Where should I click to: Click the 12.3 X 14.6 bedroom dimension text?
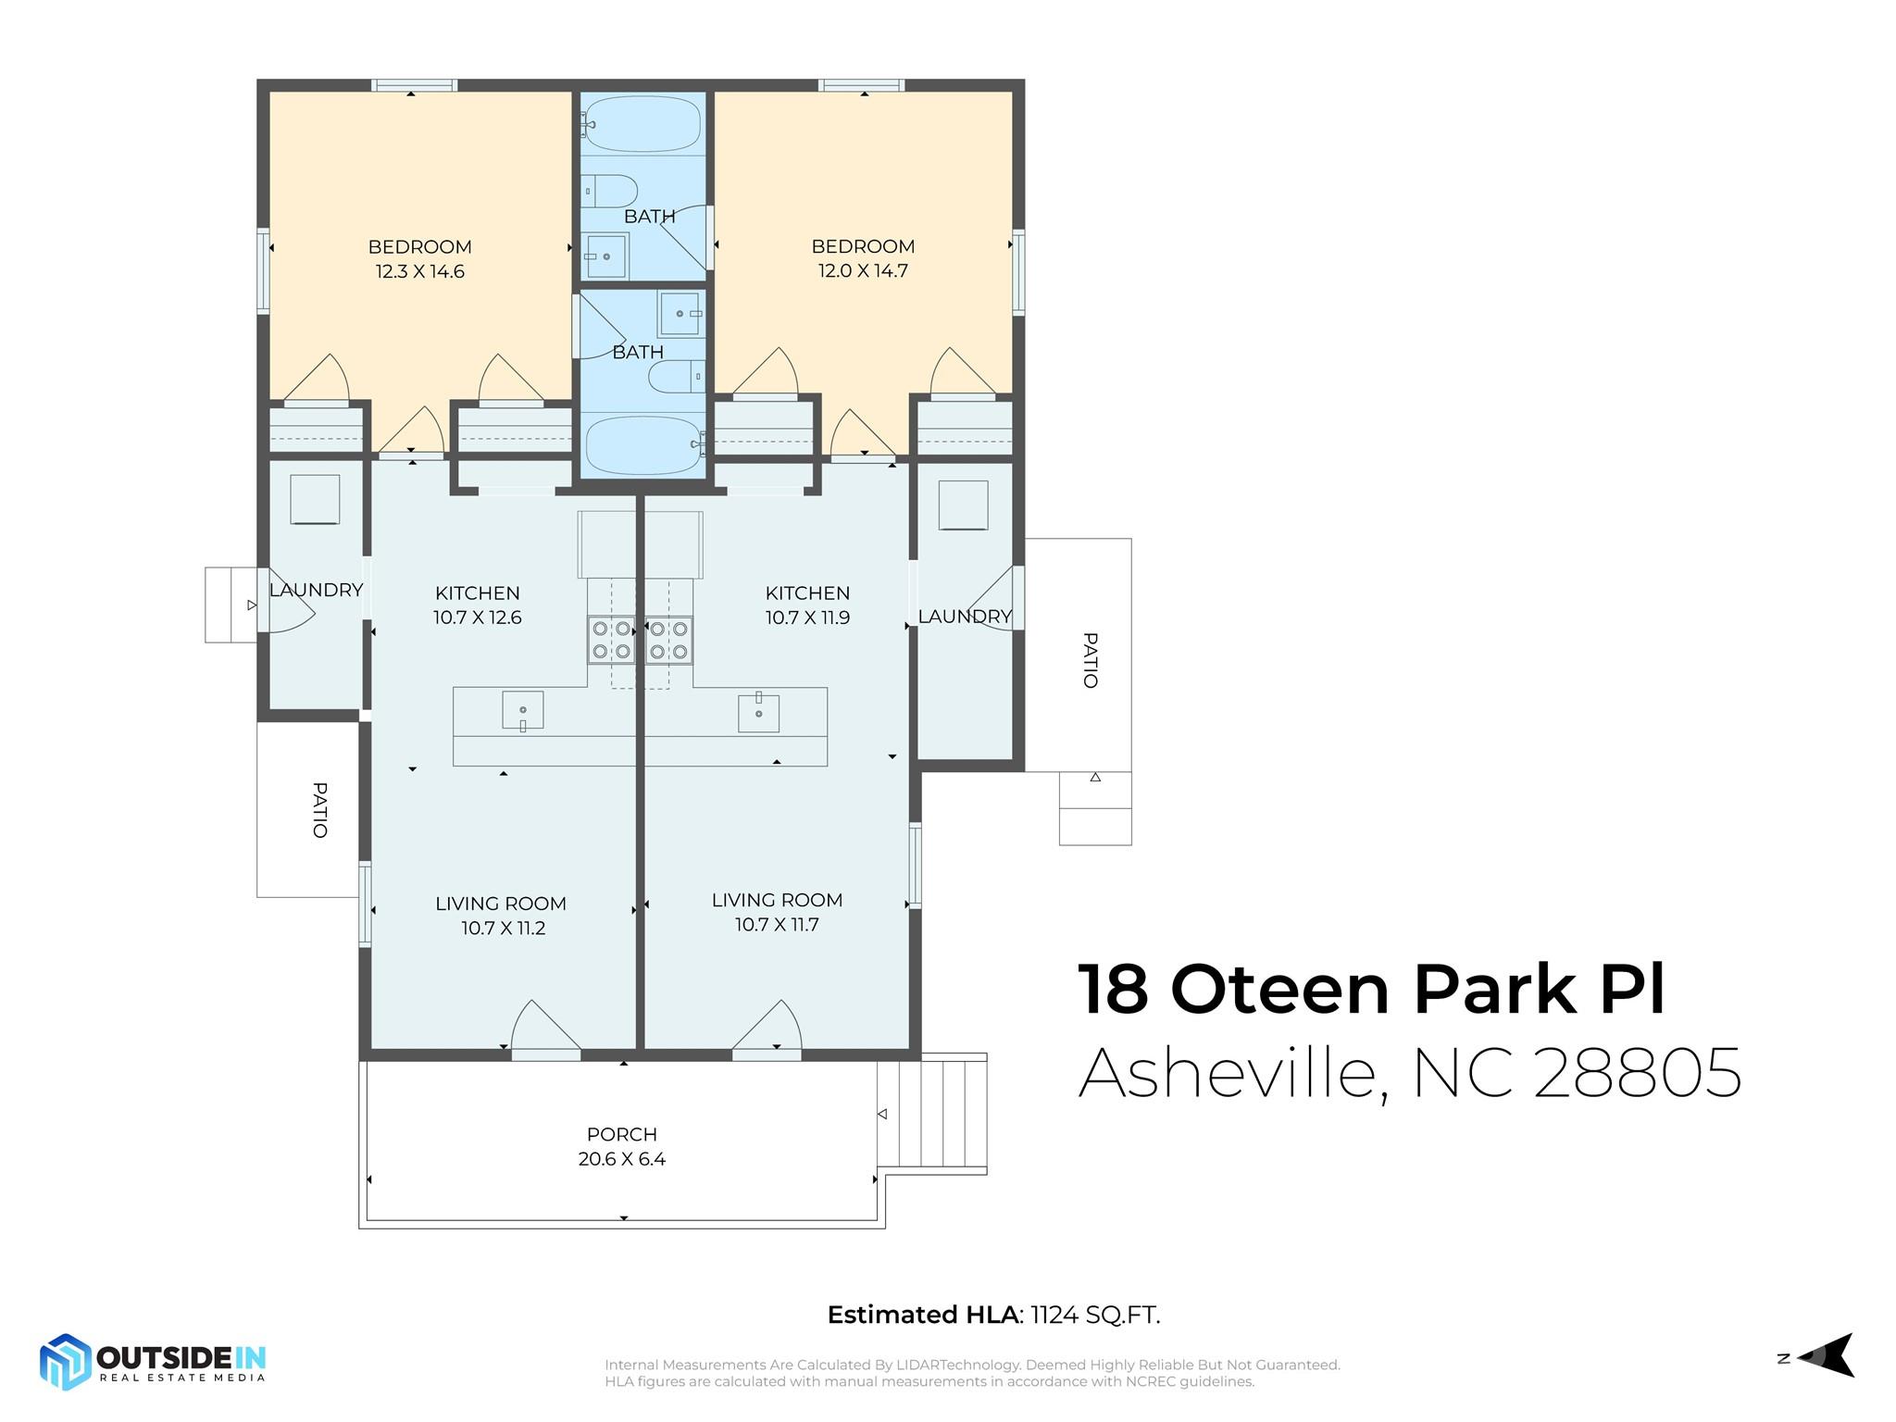pos(419,271)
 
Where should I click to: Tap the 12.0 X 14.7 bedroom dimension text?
pos(863,271)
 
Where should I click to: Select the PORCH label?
pos(622,1134)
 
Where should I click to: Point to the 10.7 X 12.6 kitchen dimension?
pos(478,617)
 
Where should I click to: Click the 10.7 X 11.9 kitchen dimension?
pos(807,617)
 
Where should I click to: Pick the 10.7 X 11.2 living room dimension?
pos(504,929)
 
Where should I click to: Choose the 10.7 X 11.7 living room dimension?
pos(777,925)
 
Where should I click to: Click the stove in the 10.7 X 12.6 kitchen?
pos(611,640)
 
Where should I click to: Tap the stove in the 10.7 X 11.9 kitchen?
pos(668,640)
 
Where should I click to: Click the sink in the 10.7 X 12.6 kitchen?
pos(523,711)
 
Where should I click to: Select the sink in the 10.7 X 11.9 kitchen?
pos(758,713)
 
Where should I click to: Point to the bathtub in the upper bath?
pos(642,124)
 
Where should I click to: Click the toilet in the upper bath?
pos(610,192)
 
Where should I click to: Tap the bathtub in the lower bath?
pos(644,445)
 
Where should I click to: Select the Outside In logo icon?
pos(65,1362)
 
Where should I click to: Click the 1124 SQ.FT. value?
pos(1095,1315)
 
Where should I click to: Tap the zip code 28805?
pos(1638,1073)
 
